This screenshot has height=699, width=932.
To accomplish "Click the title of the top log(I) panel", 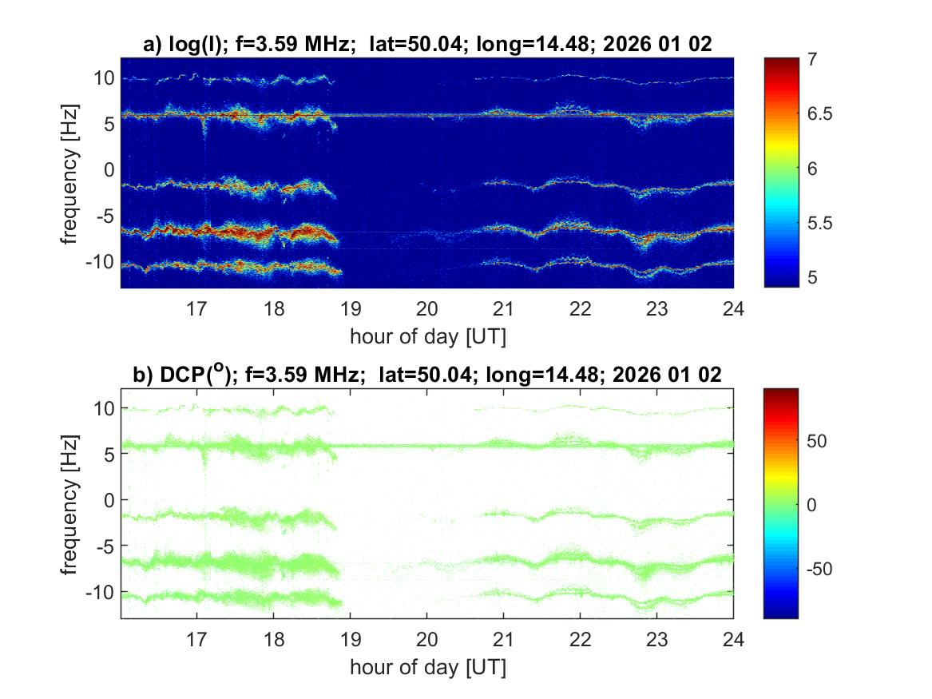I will click(427, 46).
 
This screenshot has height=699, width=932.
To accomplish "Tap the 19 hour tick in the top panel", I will click(351, 308).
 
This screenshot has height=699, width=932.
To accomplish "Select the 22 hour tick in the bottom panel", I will click(581, 638).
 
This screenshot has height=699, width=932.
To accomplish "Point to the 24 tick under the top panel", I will click(733, 308).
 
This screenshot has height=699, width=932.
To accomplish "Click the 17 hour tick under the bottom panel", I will click(196, 638).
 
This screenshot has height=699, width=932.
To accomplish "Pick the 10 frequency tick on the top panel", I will click(103, 77).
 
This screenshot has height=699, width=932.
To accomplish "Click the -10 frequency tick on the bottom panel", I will click(100, 591).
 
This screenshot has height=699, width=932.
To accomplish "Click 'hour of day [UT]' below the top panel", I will click(427, 336).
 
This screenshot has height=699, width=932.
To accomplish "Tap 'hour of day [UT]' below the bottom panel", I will click(427, 666).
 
